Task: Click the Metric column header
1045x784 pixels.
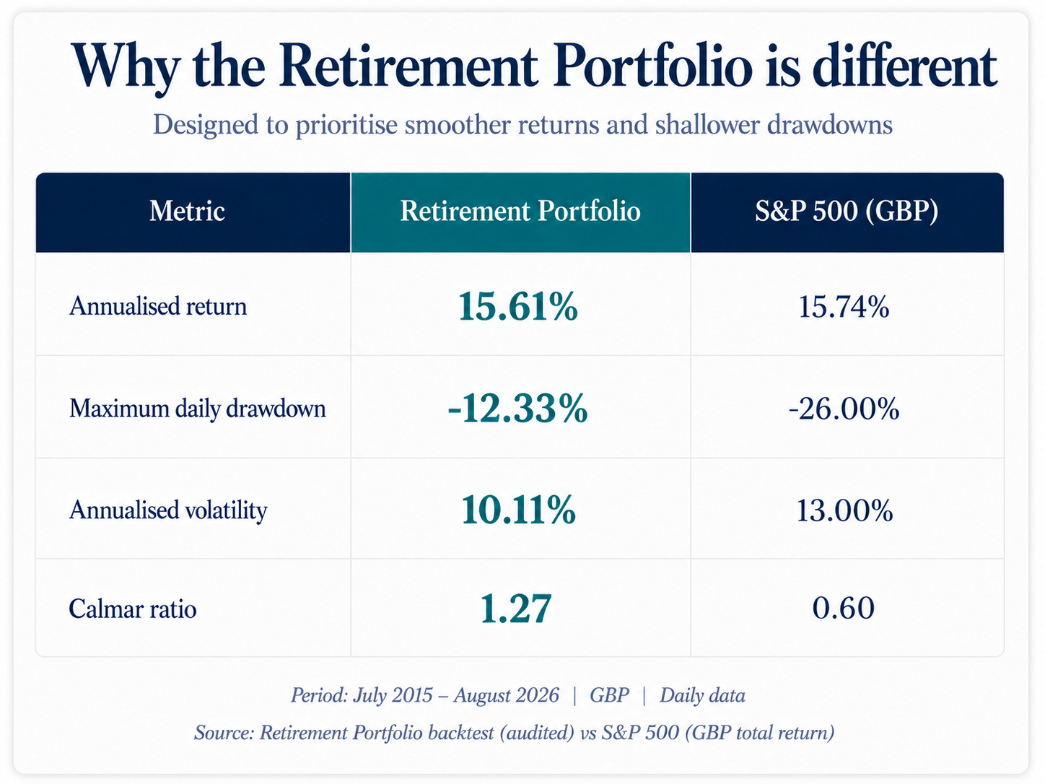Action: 187,211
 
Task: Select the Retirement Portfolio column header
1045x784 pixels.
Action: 520,211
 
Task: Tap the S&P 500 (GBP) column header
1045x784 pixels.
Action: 847,211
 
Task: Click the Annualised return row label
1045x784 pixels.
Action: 158,306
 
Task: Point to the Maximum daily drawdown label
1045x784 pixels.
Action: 198,409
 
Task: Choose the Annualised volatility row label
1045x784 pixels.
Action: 168,510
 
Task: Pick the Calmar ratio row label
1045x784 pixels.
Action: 132,609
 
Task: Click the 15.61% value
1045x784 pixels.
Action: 518,306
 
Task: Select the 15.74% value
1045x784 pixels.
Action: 844,307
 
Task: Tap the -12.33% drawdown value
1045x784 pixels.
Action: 517,409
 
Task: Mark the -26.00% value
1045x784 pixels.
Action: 844,409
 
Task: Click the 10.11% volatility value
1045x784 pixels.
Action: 518,510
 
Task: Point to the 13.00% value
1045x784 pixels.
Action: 844,511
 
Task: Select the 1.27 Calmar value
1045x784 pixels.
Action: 516,609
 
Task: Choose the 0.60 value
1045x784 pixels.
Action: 843,609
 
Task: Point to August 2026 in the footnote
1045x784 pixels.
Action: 506,695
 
